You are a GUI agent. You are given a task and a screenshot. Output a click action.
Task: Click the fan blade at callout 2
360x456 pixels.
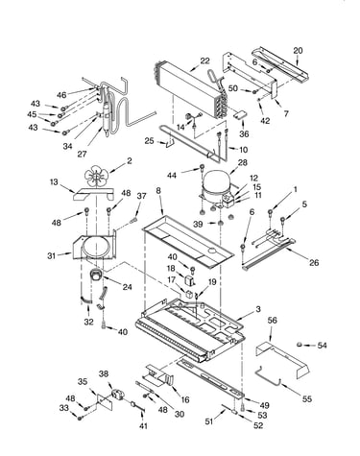pyautogui.click(x=97, y=177)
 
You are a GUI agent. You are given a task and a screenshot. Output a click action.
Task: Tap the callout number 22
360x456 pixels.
pyautogui.click(x=204, y=60)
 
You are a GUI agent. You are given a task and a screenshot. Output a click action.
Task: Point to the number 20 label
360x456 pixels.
pyautogui.click(x=298, y=51)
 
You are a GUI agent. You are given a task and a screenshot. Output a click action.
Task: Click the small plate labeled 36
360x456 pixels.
pyautogui.click(x=241, y=115)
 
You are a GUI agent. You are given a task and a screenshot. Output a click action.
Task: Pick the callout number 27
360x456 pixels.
pyautogui.click(x=82, y=154)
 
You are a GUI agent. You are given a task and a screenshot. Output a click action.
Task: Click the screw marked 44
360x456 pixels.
pyautogui.click(x=202, y=167)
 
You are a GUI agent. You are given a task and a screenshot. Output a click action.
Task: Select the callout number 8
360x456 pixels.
pyautogui.click(x=158, y=191)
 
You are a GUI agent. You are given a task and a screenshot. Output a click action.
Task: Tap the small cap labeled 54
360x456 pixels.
pyautogui.click(x=300, y=345)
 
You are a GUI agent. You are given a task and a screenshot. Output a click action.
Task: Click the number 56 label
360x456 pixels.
pyautogui.click(x=272, y=320)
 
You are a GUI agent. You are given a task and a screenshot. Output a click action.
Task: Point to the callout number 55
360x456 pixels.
pyautogui.click(x=307, y=398)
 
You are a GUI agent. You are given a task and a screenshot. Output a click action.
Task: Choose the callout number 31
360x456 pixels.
pyautogui.click(x=52, y=256)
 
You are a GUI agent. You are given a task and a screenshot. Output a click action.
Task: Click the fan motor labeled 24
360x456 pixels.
pyautogui.click(x=96, y=276)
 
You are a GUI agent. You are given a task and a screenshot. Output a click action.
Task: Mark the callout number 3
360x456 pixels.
pyautogui.click(x=258, y=309)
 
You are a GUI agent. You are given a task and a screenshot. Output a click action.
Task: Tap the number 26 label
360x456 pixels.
pyautogui.click(x=314, y=262)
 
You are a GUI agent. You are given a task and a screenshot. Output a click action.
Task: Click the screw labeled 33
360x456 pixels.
pyautogui.click(x=80, y=418)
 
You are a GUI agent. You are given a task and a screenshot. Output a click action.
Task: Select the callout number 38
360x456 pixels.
pyautogui.click(x=104, y=373)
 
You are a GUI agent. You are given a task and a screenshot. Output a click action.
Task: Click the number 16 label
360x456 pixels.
pyautogui.click(x=185, y=399)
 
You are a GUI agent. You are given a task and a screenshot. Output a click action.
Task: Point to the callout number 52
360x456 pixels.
pyautogui.click(x=258, y=425)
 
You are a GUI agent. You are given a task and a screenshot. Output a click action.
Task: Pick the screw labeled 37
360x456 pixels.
pyautogui.click(x=133, y=220)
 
